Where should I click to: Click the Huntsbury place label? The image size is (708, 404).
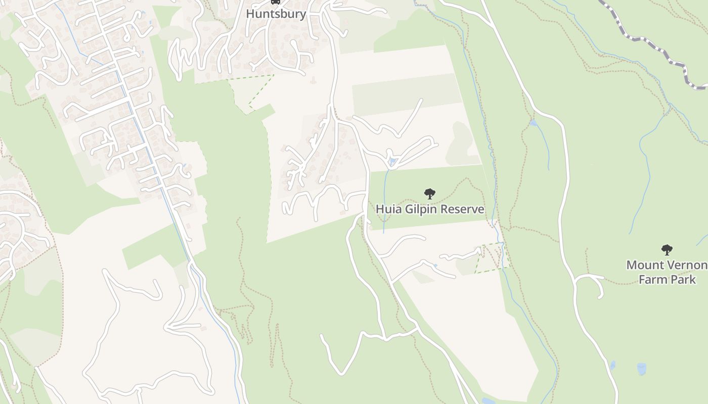click(276, 14)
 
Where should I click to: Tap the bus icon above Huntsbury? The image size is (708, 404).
click(276, 2)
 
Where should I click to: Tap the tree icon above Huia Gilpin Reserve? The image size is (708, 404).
click(429, 193)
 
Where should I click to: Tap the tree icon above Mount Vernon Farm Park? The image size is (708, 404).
click(667, 249)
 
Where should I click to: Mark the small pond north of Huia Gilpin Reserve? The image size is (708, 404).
click(392, 162)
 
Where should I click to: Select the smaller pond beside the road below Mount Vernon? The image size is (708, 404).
click(613, 365)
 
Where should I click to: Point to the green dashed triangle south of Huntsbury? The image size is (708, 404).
click(251, 90)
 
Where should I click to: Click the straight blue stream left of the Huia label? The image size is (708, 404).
click(385, 202)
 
